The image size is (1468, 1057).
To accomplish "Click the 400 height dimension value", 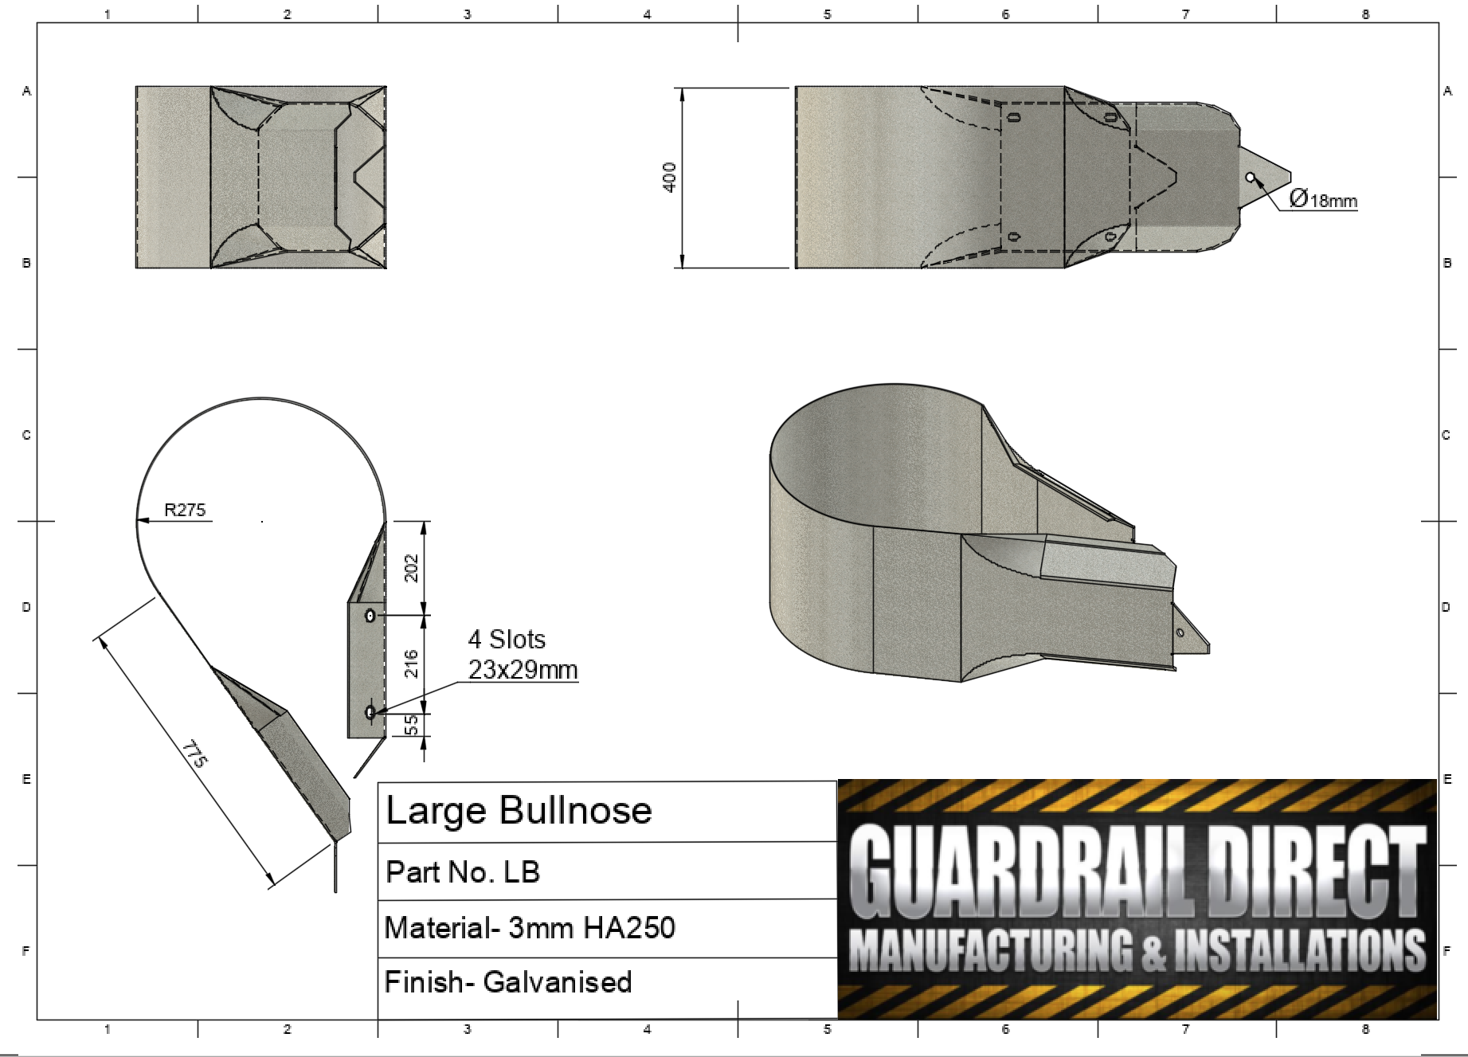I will (x=670, y=177).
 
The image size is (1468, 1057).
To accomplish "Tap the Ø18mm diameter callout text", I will (x=1322, y=199).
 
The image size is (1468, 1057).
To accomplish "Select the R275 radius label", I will (x=185, y=511).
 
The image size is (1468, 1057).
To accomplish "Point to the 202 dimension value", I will (x=412, y=568).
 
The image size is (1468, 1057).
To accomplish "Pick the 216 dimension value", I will (x=412, y=664).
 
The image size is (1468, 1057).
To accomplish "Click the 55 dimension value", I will (x=412, y=724).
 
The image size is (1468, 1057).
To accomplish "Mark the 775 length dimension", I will (x=194, y=753).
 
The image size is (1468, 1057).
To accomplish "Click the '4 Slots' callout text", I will (x=507, y=640).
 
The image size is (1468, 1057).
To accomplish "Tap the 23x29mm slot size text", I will (x=523, y=670).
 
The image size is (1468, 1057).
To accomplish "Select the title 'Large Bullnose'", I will (x=519, y=811).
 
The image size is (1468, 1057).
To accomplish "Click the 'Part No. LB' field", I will (x=463, y=872).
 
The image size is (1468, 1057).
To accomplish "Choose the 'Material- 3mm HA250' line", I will (x=530, y=928).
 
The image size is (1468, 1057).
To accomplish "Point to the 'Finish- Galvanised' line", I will (x=508, y=982).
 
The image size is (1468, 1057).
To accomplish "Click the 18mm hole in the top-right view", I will (x=1250, y=177).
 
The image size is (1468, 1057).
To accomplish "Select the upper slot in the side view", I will (x=370, y=616).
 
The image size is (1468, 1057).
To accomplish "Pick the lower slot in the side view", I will (x=370, y=712).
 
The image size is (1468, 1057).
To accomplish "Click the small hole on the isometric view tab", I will (x=1180, y=632).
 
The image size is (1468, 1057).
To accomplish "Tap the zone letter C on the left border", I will (x=26, y=435).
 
